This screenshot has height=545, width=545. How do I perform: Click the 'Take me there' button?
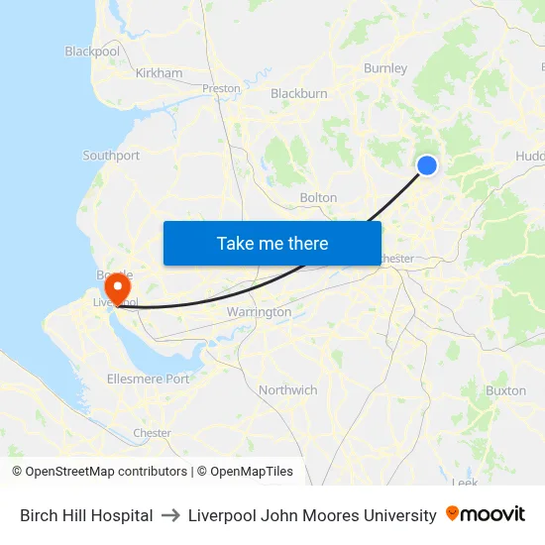click(x=272, y=243)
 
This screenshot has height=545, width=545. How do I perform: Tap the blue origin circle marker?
click(x=427, y=165)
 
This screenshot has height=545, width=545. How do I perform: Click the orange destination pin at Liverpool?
click(x=117, y=289)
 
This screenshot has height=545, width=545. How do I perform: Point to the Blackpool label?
click(x=92, y=51)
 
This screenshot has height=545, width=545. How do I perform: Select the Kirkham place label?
click(x=159, y=73)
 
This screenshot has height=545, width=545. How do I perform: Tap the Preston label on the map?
click(x=221, y=88)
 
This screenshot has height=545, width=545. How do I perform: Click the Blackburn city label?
click(x=298, y=94)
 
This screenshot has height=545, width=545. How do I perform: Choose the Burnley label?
click(x=385, y=68)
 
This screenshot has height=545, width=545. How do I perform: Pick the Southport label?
click(x=111, y=156)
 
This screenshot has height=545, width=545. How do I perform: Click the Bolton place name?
click(x=318, y=198)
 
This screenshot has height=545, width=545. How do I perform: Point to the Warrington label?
click(x=259, y=312)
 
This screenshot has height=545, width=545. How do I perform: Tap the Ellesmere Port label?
click(x=148, y=380)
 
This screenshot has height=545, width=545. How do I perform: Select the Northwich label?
click(x=287, y=390)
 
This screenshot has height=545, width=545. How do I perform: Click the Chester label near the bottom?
click(x=152, y=433)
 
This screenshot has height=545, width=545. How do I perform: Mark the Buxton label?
click(x=505, y=390)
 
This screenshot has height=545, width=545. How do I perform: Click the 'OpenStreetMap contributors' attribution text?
click(x=106, y=472)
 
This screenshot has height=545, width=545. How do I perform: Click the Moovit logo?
click(x=486, y=514)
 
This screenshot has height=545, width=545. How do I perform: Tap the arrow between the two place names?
click(x=170, y=515)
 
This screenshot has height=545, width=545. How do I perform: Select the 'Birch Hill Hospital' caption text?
click(x=86, y=515)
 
